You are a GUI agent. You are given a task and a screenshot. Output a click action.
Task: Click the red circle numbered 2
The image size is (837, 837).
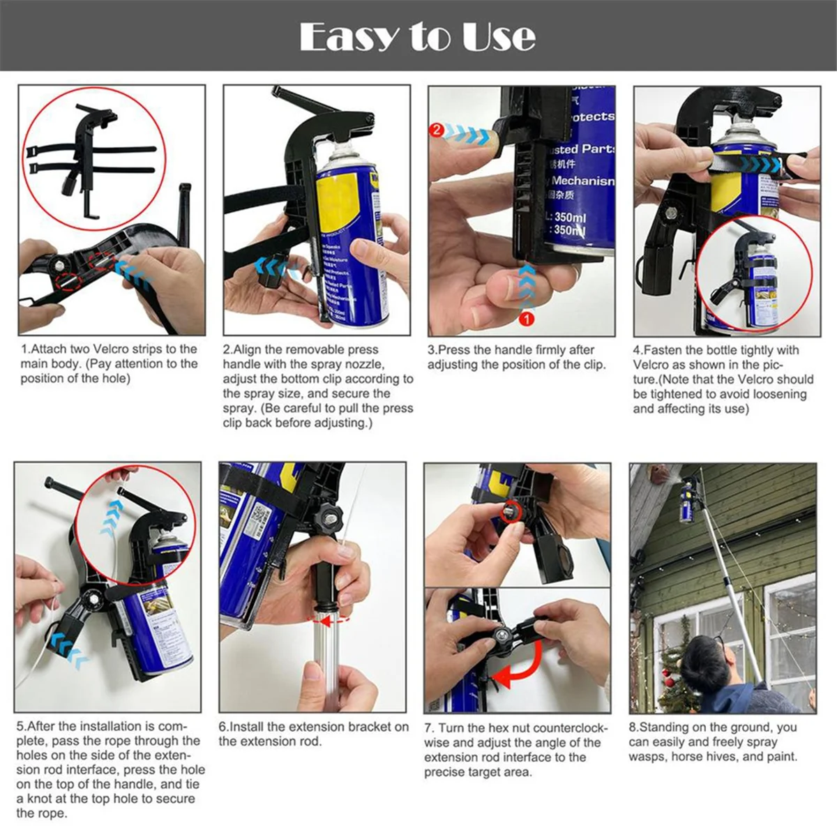(x=437, y=130)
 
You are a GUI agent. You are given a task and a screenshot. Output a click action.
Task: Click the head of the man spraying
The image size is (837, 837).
(x=704, y=659)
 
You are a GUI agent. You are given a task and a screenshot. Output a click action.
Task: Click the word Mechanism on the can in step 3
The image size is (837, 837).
(x=583, y=181)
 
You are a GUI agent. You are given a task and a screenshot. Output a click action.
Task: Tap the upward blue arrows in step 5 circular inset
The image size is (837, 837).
(x=110, y=518)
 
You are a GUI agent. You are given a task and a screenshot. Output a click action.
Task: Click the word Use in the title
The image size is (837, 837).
(x=498, y=36)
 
